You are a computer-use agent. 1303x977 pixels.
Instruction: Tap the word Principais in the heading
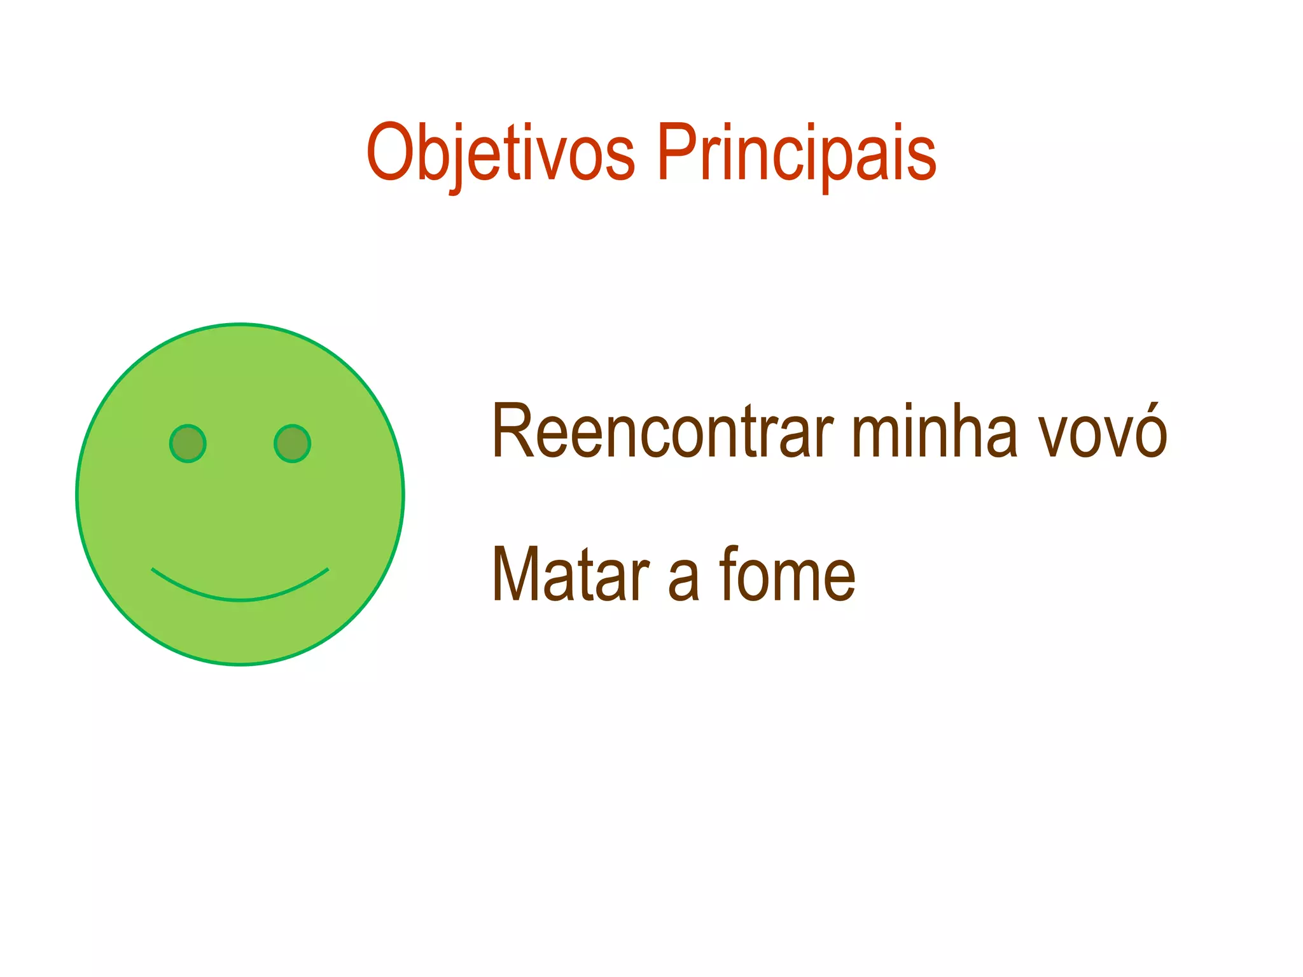pyautogui.click(x=796, y=153)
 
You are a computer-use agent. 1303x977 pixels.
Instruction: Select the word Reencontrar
pyautogui.click(x=662, y=431)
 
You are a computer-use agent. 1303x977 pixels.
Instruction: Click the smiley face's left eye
pyautogui.click(x=188, y=443)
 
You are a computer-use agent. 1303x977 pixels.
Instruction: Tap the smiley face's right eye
pyautogui.click(x=292, y=443)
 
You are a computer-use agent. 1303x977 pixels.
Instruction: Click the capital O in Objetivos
pyautogui.click(x=389, y=153)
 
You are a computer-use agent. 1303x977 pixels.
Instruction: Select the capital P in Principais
pyautogui.click(x=676, y=153)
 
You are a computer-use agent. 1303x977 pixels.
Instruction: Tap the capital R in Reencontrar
pyautogui.click(x=512, y=431)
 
